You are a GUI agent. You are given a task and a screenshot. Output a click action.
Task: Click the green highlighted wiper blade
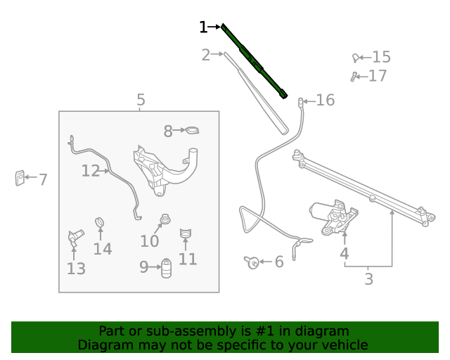(x=254, y=61)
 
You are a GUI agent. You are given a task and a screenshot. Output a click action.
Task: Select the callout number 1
(x=203, y=27)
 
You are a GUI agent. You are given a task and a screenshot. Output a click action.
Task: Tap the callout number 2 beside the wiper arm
(x=205, y=55)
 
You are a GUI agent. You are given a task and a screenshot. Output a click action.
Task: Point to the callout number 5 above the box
(x=141, y=100)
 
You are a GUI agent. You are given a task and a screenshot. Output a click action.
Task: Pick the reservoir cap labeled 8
(x=192, y=130)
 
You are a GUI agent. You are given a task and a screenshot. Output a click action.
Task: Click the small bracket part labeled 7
(x=20, y=178)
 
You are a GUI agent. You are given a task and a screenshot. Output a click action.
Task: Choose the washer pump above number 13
(x=75, y=236)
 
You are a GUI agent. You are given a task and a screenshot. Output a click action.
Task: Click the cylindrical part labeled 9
(x=167, y=268)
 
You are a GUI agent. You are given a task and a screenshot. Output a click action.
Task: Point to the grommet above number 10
(x=165, y=219)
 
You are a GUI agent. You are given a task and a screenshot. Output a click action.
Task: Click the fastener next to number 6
(x=252, y=262)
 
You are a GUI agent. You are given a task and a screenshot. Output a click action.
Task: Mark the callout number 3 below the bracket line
(x=368, y=279)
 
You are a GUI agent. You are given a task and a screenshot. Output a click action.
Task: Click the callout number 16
(x=325, y=101)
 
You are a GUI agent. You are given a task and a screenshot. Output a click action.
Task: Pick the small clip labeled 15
(x=357, y=58)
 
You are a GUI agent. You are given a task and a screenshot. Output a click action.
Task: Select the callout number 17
(x=378, y=76)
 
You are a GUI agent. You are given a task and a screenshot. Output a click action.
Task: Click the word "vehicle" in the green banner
(x=343, y=345)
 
